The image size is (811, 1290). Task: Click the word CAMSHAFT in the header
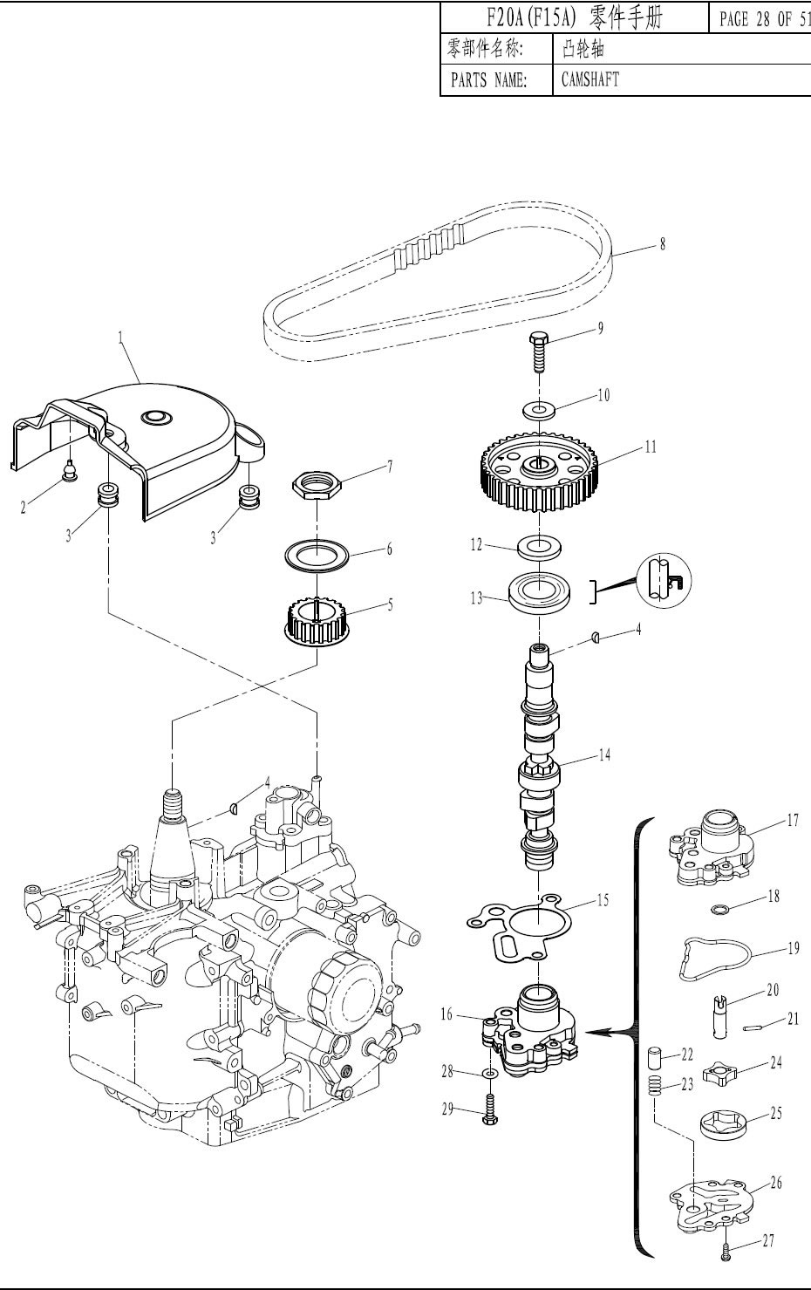590,79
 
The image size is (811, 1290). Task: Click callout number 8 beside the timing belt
663,244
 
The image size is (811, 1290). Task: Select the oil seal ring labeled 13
539,593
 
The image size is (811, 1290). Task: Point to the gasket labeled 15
525,930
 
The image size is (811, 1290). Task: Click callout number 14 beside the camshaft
604,754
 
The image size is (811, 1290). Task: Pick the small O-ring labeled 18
719,910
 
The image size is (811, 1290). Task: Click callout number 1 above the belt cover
121,338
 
